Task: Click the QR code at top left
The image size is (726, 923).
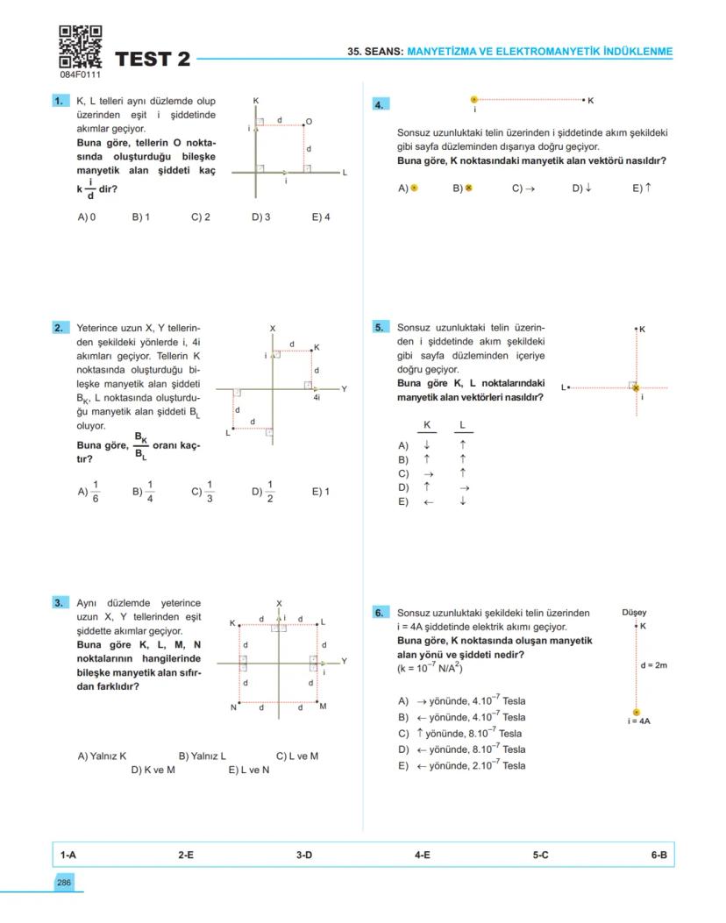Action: (x=80, y=46)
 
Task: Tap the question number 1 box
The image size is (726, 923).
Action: (x=60, y=102)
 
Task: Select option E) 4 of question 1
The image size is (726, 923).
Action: (x=320, y=217)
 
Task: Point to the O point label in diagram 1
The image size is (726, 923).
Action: (x=309, y=121)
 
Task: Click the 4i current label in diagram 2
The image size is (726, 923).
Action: (x=316, y=397)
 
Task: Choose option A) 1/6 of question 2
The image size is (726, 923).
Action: (x=89, y=492)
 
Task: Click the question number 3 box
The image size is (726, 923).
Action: (x=60, y=603)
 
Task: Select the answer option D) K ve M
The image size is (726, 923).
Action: (x=153, y=770)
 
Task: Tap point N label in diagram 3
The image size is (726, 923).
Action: (x=233, y=707)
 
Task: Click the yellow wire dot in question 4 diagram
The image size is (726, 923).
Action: (x=474, y=101)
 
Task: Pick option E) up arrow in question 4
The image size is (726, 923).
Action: (x=641, y=188)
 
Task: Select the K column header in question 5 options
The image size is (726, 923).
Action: (x=427, y=425)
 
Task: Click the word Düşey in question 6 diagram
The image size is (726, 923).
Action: (x=634, y=613)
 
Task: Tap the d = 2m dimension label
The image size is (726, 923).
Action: (x=653, y=665)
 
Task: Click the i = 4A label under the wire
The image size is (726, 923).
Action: (x=637, y=721)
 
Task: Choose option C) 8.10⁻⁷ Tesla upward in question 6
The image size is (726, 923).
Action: (x=460, y=734)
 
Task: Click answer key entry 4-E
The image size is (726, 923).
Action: (x=422, y=854)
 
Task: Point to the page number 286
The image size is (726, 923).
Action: (x=64, y=882)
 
